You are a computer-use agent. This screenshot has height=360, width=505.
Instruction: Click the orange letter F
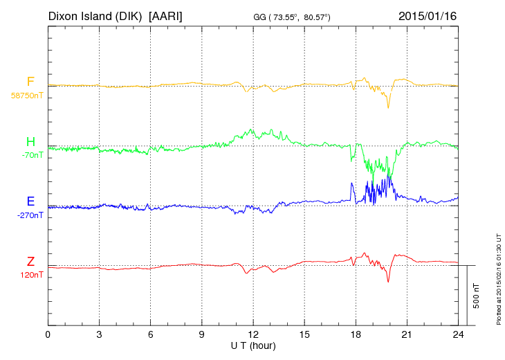tap(30, 82)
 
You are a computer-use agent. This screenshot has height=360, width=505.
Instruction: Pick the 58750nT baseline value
tap(26, 95)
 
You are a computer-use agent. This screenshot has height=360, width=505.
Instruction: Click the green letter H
tap(30, 143)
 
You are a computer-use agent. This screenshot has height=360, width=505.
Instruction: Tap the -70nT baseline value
tap(32, 155)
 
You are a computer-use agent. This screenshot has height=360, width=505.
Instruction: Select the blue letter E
tap(30, 202)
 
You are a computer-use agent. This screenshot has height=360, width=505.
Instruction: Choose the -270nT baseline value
tap(30, 215)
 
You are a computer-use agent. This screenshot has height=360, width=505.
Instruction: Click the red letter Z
tap(30, 262)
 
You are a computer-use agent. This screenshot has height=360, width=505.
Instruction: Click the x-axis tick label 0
tap(48, 335)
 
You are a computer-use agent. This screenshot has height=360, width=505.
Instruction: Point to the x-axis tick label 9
tap(202, 335)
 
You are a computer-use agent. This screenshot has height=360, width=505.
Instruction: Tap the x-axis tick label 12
tap(253, 335)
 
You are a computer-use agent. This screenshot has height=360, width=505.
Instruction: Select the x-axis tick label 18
tap(356, 335)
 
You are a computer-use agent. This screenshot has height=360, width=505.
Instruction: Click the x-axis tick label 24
tap(458, 335)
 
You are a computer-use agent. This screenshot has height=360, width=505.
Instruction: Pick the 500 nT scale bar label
tap(477, 295)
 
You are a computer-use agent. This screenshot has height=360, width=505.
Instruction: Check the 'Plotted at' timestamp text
tap(499, 277)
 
